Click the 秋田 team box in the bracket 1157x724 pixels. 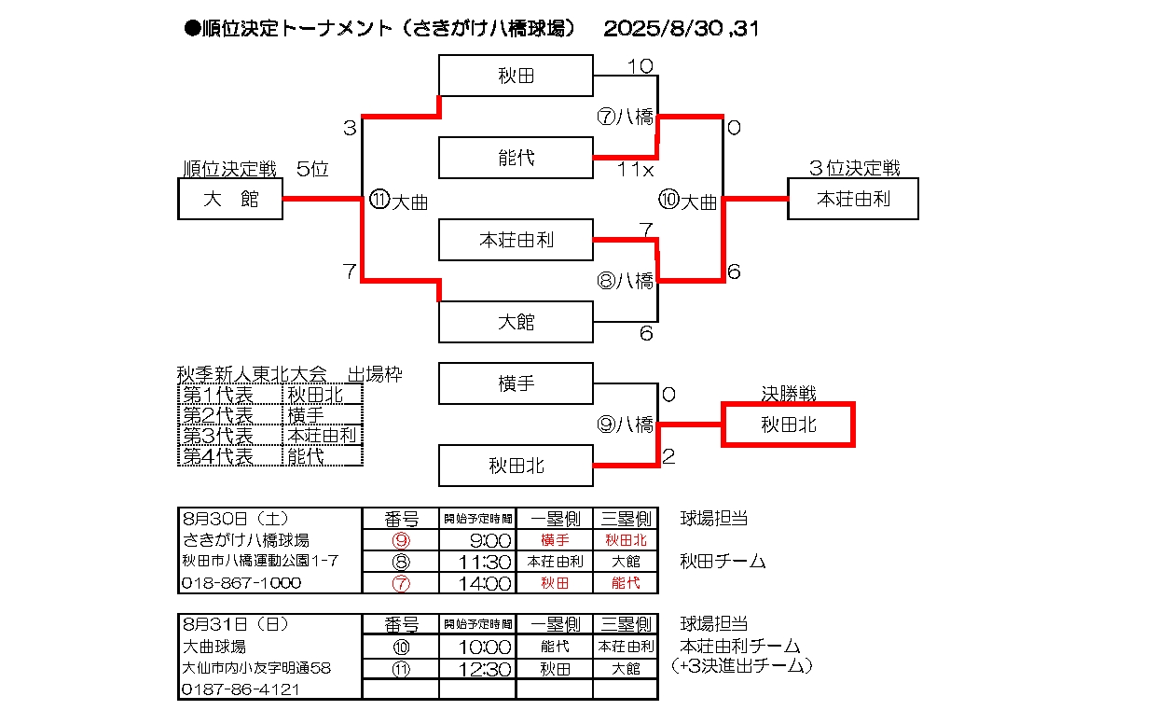coord(516,76)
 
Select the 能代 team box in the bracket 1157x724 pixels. coord(516,158)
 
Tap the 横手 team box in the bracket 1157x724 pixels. coord(516,383)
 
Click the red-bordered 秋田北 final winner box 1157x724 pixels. coord(788,425)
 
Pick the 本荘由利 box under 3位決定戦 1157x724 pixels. coord(852,198)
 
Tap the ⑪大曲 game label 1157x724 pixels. coord(398,202)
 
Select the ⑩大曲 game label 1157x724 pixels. coord(688,202)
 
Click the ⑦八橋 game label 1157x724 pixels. coord(625,117)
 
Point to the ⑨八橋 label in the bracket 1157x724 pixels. coord(625,425)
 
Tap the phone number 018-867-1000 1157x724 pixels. coord(241,583)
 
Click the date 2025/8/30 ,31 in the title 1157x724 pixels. coord(682,29)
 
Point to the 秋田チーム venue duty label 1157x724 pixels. coord(723,561)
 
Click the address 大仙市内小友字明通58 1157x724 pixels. coord(255,668)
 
